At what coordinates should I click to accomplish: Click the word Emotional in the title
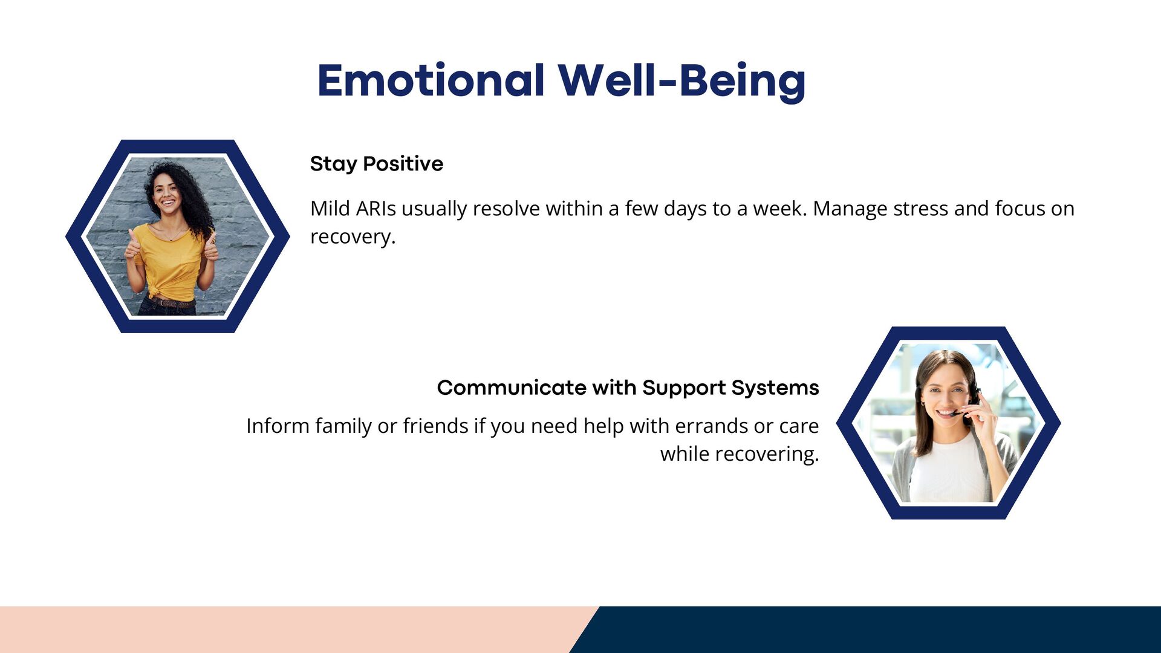pos(431,80)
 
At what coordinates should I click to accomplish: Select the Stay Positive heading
pos(377,164)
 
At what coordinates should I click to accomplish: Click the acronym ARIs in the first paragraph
pos(376,209)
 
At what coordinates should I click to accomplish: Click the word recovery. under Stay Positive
pos(353,237)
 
